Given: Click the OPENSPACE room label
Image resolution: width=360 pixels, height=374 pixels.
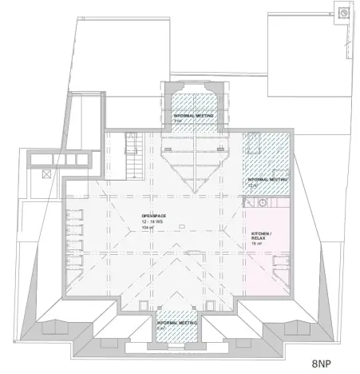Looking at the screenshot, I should [152, 216].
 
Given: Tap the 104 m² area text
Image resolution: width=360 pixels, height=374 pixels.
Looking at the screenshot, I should [147, 228].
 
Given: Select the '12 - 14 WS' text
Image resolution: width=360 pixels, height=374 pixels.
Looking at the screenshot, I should [152, 221].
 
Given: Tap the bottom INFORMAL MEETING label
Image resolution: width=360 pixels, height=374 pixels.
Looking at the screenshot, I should [176, 322].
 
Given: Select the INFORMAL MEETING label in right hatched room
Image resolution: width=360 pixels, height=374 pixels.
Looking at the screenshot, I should [267, 180].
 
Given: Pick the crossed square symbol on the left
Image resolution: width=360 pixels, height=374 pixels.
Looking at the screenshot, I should [46, 172].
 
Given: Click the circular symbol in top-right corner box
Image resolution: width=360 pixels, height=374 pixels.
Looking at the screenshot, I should [343, 13].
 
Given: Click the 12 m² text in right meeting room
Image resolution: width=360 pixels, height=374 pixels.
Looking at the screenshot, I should [255, 185].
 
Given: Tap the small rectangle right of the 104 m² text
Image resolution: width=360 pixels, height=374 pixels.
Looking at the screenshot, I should [181, 228].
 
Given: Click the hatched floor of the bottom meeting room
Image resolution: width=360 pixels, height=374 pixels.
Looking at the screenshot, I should [176, 332].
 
